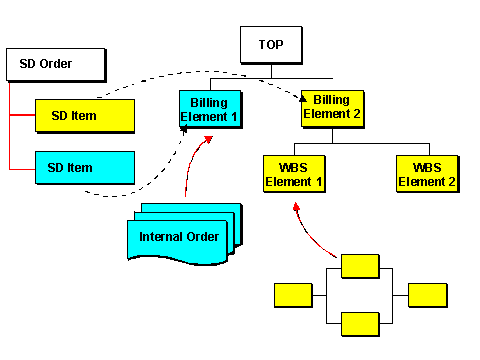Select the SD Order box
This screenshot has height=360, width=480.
[x=55, y=65]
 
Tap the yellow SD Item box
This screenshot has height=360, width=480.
[x=85, y=116]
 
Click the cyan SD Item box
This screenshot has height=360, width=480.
[x=85, y=167]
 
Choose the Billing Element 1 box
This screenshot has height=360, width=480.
[x=210, y=108]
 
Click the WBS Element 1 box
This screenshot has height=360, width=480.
[x=294, y=175]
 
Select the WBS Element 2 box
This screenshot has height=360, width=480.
[x=427, y=175]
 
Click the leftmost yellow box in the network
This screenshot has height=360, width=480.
[x=293, y=294]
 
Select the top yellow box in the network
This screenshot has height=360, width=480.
[x=360, y=265]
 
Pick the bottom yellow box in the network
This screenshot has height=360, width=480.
[x=360, y=324]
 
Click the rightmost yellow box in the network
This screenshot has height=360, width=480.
[x=427, y=294]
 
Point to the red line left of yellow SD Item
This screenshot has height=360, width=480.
[x=21, y=116]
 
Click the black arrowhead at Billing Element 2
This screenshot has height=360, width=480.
[x=304, y=97]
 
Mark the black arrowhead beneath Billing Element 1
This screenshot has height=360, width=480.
[x=184, y=129]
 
